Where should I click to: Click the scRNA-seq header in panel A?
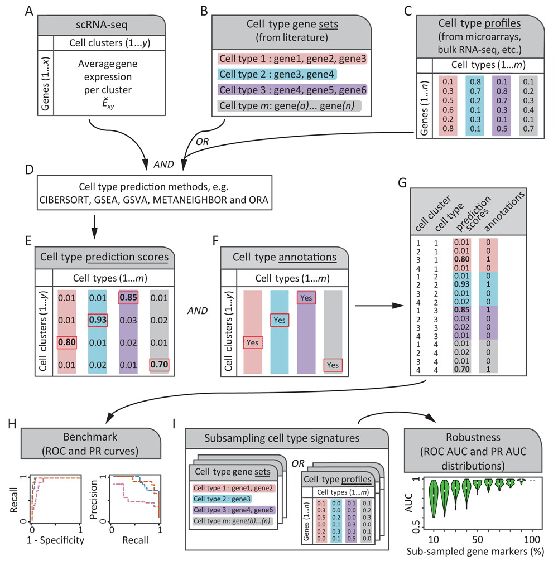(102, 25)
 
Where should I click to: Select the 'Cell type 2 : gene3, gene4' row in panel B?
(277, 74)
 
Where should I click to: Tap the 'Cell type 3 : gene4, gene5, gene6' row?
(292, 90)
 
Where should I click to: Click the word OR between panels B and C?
(202, 142)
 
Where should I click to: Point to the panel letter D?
(30, 169)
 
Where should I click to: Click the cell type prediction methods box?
(154, 192)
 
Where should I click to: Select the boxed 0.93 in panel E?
(98, 320)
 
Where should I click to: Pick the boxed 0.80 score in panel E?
(67, 342)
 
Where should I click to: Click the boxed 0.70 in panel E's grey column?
(159, 365)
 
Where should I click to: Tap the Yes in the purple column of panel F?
(306, 298)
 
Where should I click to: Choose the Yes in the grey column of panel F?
(333, 365)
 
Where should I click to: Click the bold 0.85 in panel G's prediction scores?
(461, 309)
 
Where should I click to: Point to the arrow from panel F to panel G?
(379, 306)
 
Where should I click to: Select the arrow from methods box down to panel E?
(94, 227)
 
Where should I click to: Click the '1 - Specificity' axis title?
(55, 540)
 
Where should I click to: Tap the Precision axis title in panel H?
(93, 500)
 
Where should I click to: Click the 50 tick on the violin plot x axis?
(478, 539)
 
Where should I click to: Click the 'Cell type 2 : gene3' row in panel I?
(222, 499)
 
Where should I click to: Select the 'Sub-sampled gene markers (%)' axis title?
(475, 552)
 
